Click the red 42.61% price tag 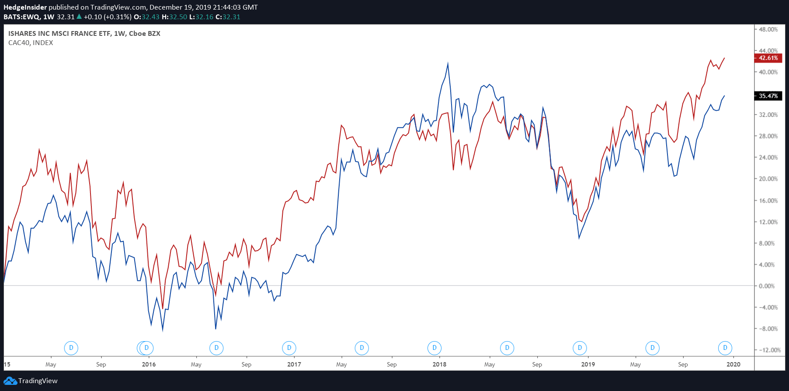point(768,58)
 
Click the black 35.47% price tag point(768,96)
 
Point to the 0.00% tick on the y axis point(767,286)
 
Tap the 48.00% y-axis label point(768,29)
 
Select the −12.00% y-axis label point(769,350)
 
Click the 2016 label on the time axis point(149,364)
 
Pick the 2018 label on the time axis point(439,364)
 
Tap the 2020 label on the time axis point(733,364)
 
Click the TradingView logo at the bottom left point(31,381)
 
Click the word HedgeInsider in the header point(25,7)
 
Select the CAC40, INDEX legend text point(31,43)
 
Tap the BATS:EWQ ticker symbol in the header point(22,17)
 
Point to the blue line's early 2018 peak point(448,64)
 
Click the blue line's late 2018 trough point(579,238)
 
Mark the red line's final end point point(724,58)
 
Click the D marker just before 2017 point(289,348)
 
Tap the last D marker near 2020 point(725,348)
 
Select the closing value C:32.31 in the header point(228,17)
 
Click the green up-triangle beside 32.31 point(79,17)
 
